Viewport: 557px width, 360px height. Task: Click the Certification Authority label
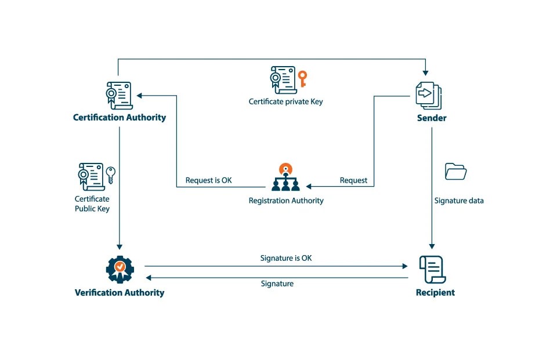[x=120, y=118]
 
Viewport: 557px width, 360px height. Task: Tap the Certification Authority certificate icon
[x=118, y=94]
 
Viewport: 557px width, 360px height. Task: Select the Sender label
[x=431, y=118]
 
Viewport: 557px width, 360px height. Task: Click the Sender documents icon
[x=428, y=94]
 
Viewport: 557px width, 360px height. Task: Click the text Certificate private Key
[x=285, y=101]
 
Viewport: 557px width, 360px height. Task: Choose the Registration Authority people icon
[x=285, y=178]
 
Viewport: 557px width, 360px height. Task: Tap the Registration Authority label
[x=286, y=201]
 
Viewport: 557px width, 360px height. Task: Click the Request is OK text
[x=208, y=180]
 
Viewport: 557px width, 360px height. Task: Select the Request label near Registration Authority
[x=353, y=180]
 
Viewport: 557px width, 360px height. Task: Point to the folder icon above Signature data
[x=455, y=172]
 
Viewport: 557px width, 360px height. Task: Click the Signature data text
[x=459, y=201]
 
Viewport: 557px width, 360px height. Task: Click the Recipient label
[x=435, y=293]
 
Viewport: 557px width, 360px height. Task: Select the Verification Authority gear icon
[x=120, y=268]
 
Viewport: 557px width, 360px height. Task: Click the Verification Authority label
[x=120, y=293]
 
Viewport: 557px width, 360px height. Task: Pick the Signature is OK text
[x=285, y=258]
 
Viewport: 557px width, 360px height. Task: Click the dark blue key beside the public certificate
[x=110, y=174]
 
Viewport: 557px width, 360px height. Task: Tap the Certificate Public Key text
[x=92, y=203]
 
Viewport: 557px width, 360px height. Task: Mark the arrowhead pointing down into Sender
[x=426, y=73]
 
